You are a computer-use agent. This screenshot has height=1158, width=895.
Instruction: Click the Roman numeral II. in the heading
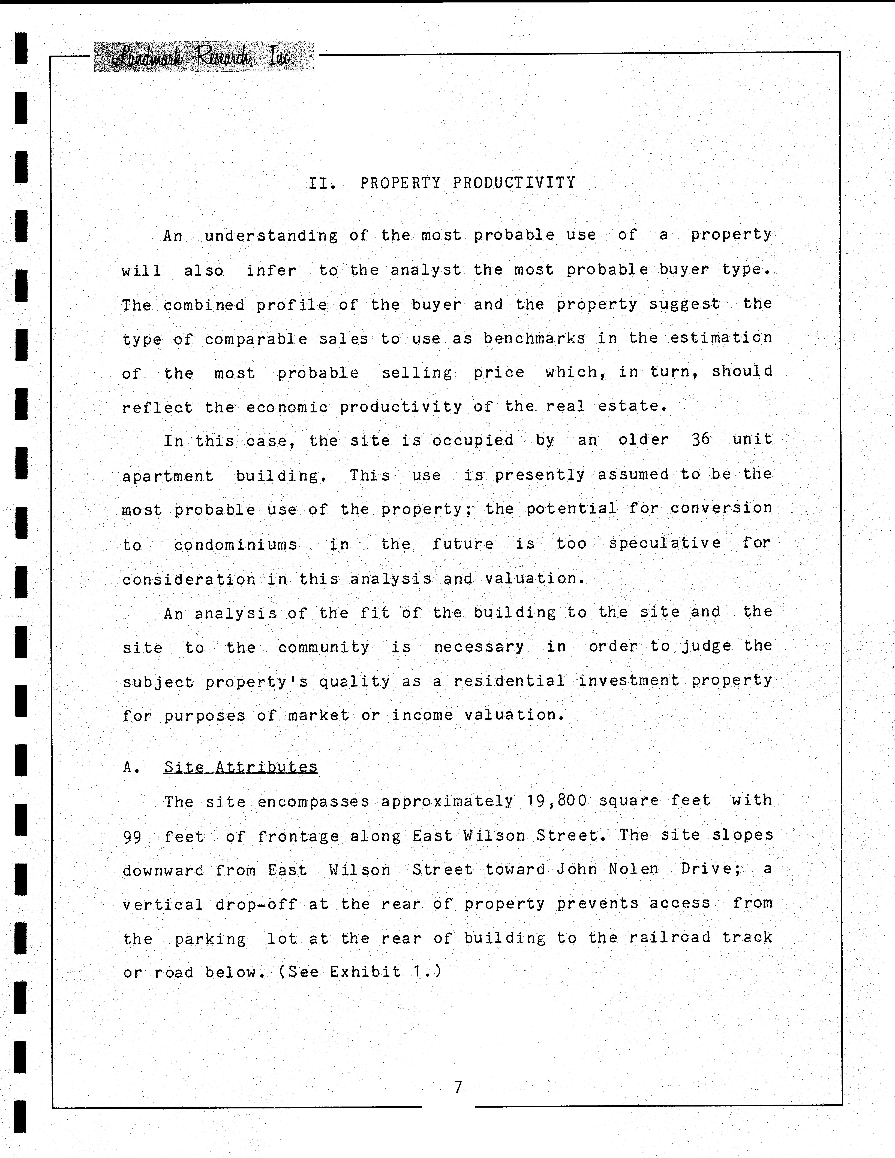pos(322,183)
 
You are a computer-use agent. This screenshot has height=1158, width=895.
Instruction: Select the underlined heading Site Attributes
pos(240,767)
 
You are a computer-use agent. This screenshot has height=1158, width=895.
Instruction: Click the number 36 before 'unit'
pos(700,440)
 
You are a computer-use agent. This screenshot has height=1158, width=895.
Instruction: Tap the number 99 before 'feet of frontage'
pos(132,837)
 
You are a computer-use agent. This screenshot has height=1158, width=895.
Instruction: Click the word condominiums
pos(236,545)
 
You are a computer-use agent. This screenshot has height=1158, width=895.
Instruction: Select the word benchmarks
pos(534,338)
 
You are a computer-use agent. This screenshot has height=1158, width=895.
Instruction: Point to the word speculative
pos(665,543)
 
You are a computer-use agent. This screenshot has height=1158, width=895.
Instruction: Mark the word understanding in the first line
pos(271,235)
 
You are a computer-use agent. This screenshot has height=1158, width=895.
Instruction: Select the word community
pos(324,647)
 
